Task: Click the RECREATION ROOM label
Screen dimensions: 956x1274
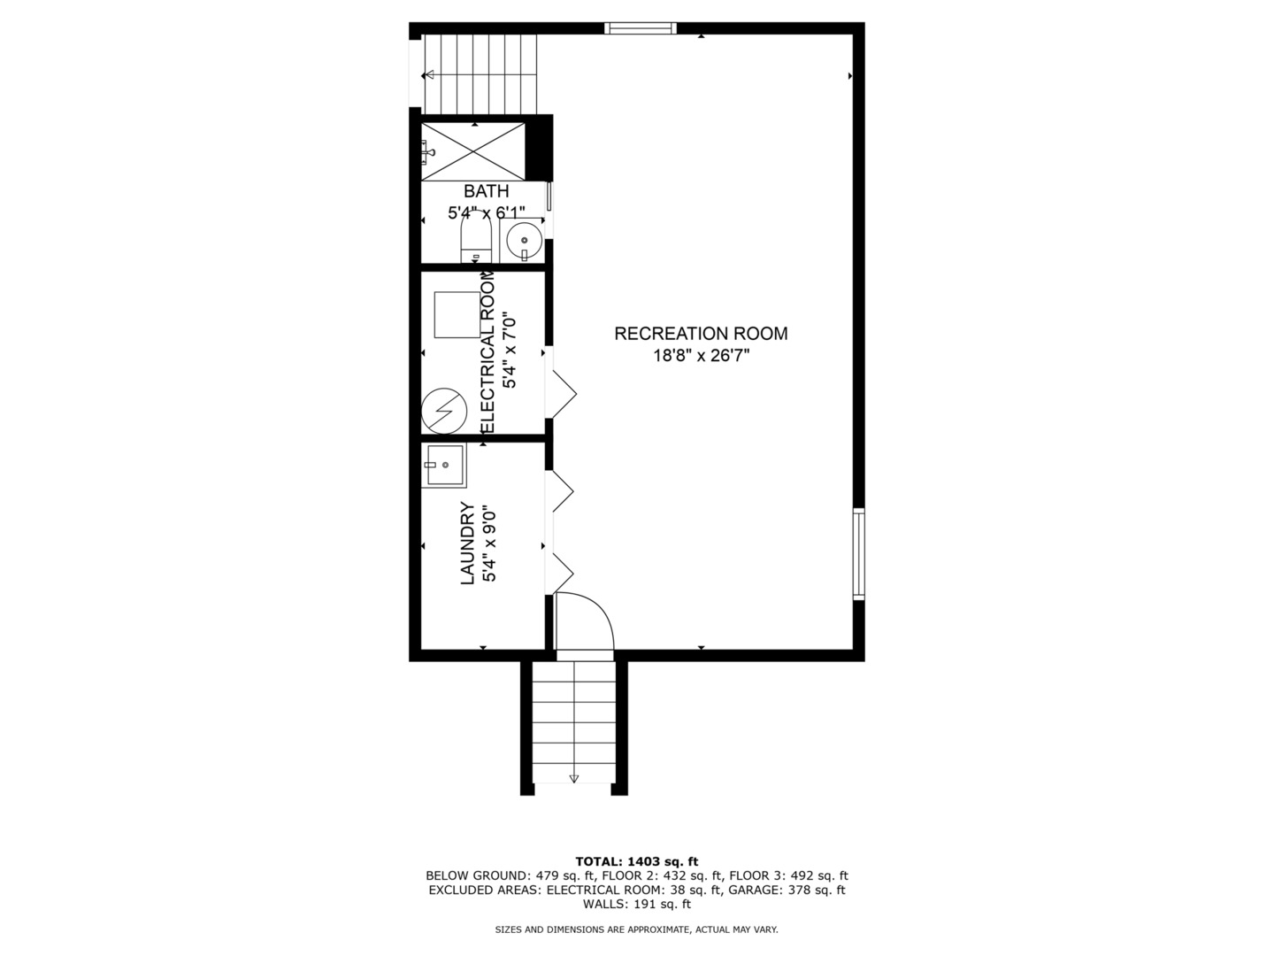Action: [x=701, y=334]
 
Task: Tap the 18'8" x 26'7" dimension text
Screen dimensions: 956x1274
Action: [x=701, y=356]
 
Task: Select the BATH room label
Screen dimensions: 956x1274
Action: [x=486, y=191]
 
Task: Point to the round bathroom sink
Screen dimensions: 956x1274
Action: [x=526, y=239]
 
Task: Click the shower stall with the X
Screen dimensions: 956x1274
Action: [x=472, y=152]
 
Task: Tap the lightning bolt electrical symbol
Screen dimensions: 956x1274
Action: [x=443, y=411]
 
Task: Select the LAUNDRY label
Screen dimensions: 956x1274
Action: [x=468, y=544]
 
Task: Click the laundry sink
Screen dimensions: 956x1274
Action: [x=445, y=465]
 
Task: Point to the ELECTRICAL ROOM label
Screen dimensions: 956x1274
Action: [x=487, y=352]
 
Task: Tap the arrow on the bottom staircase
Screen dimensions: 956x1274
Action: [x=573, y=777]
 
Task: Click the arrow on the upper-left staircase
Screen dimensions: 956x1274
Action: [x=431, y=75]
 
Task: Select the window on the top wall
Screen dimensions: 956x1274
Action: [x=641, y=28]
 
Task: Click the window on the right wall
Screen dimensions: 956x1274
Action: [x=858, y=553]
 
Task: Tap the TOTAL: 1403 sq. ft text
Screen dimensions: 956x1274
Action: [x=636, y=861]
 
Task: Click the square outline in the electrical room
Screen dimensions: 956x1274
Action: [x=457, y=313]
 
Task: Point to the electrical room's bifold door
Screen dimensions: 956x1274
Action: [x=562, y=391]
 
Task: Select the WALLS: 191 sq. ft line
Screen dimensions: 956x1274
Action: [x=636, y=904]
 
